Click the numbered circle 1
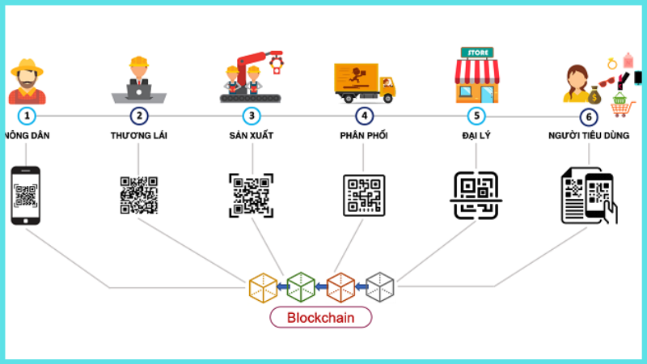pos(27,116)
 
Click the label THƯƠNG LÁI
pos(139,135)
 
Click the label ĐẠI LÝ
pos(477,135)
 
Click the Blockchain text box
pos(320,318)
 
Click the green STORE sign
pos(476,53)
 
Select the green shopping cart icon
pos(620,104)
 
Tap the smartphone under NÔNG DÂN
pos(26,196)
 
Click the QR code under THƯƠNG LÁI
pos(139,195)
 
